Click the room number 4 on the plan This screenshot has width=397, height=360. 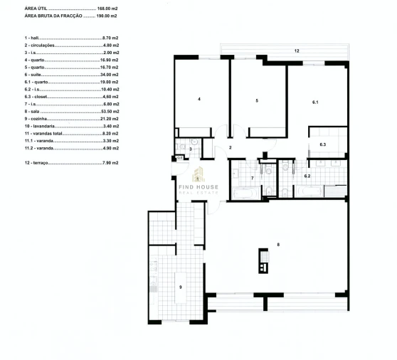pyautogui.click(x=199, y=99)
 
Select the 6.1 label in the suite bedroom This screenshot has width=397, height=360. pyautogui.click(x=315, y=102)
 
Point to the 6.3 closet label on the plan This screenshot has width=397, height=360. pyautogui.click(x=322, y=144)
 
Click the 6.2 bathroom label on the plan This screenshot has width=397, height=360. pyautogui.click(x=307, y=175)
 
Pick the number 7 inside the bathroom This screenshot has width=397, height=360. pyautogui.click(x=252, y=176)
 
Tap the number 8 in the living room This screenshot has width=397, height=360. pyautogui.click(x=278, y=245)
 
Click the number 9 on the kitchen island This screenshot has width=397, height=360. pyautogui.click(x=181, y=287)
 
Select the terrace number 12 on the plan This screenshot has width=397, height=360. pyautogui.click(x=296, y=51)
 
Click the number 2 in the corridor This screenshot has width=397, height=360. pyautogui.click(x=231, y=147)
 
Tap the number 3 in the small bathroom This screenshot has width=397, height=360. pyautogui.click(x=191, y=149)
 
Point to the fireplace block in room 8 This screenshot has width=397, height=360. pyautogui.click(x=264, y=261)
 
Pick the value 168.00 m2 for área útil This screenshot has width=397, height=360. pyautogui.click(x=107, y=7)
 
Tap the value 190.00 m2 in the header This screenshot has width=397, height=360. pyautogui.click(x=107, y=14)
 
